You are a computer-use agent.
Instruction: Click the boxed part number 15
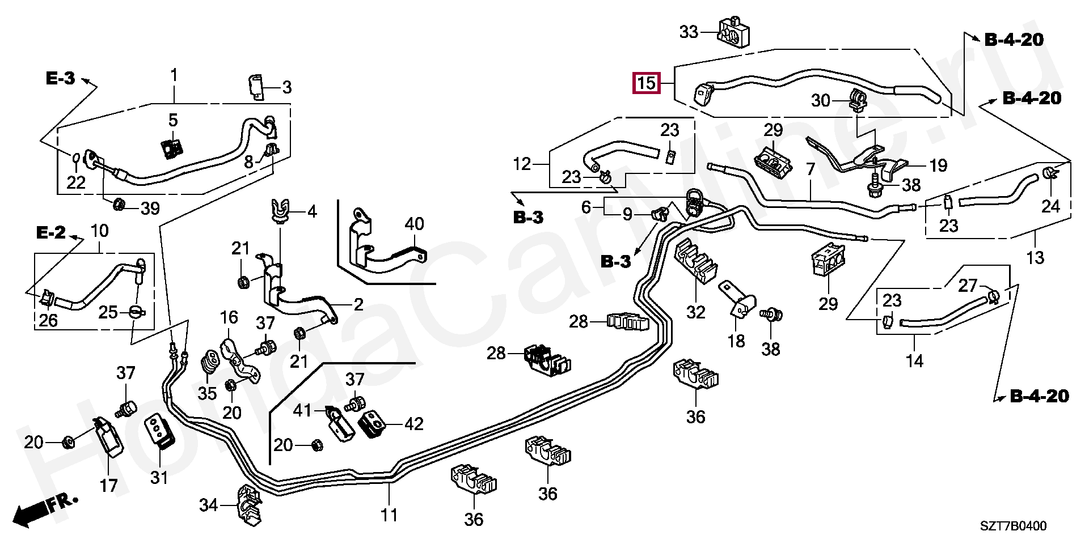pyautogui.click(x=647, y=83)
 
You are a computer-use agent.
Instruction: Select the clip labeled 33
pyautogui.click(x=733, y=32)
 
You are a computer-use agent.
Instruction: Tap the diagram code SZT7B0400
pyautogui.click(x=1014, y=526)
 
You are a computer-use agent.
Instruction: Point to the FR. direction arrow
pyautogui.click(x=45, y=509)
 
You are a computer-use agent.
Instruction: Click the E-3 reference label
pyautogui.click(x=61, y=79)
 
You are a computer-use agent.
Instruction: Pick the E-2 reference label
pyautogui.click(x=51, y=232)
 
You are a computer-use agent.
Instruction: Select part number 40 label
pyautogui.click(x=415, y=224)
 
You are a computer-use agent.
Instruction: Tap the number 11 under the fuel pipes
pyautogui.click(x=389, y=515)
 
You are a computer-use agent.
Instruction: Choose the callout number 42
pyautogui.click(x=414, y=424)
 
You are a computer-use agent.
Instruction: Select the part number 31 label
pyautogui.click(x=159, y=478)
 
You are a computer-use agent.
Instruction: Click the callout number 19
pyautogui.click(x=938, y=165)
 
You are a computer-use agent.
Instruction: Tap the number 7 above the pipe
pyautogui.click(x=810, y=168)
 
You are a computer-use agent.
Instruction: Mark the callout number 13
pyautogui.click(x=1035, y=258)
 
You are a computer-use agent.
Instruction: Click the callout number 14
pyautogui.click(x=914, y=360)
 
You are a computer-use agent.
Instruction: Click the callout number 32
pyautogui.click(x=696, y=312)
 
